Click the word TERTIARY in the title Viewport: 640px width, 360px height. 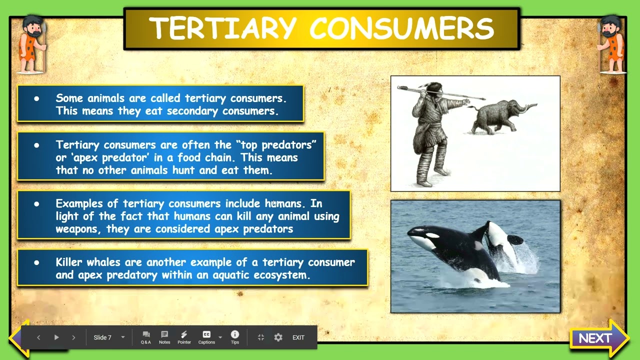click(223, 28)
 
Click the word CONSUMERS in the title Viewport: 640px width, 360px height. click(402, 28)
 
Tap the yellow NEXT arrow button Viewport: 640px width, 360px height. click(598, 338)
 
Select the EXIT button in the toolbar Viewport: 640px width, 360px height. click(298, 337)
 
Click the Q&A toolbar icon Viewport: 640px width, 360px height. click(146, 337)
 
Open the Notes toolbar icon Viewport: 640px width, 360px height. click(164, 337)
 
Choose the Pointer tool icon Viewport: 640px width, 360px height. click(184, 337)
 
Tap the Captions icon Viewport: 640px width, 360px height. click(206, 337)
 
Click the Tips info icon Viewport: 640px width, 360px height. click(235, 337)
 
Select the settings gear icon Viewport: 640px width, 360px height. click(278, 337)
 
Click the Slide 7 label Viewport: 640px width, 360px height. click(102, 337)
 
